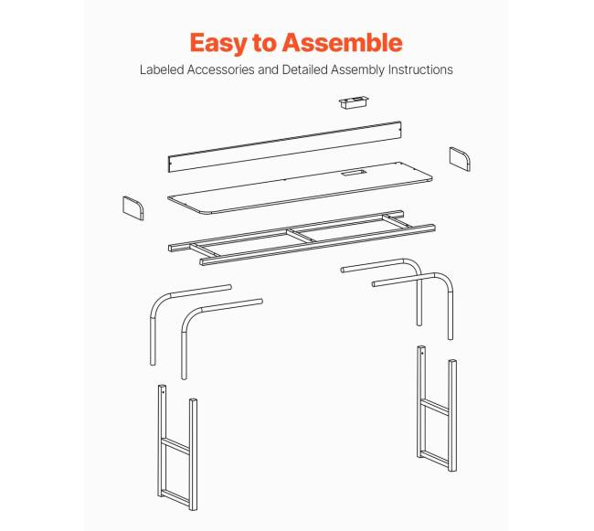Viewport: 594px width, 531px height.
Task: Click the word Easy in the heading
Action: (x=217, y=43)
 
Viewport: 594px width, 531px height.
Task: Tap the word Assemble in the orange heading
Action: (x=343, y=42)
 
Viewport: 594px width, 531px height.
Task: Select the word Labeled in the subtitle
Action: (x=162, y=69)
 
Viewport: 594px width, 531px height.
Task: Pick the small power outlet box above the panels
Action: (x=353, y=102)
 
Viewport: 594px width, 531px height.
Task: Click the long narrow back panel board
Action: (x=284, y=146)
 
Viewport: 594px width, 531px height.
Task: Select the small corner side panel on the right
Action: (x=460, y=159)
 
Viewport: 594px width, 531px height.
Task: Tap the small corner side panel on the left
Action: (x=133, y=208)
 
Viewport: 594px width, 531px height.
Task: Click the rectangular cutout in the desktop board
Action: (x=353, y=173)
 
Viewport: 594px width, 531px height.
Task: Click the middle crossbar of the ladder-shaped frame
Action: (x=302, y=235)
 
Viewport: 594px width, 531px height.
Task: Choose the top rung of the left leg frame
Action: (x=175, y=446)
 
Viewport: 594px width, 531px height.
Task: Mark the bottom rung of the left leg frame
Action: (x=175, y=498)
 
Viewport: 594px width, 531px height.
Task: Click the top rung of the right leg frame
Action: (x=435, y=406)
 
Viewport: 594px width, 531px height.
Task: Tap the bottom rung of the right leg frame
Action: (x=435, y=458)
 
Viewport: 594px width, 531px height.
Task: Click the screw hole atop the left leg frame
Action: (x=164, y=392)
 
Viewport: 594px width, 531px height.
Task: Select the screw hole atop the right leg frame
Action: (x=422, y=354)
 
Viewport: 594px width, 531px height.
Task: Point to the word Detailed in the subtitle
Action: (x=305, y=69)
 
